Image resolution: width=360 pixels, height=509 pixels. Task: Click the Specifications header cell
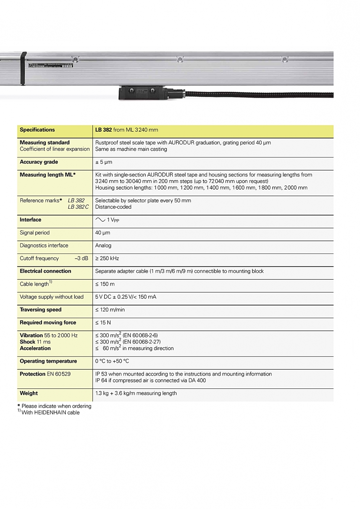coord(37,130)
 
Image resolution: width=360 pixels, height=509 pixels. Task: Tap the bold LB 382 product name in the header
coord(103,130)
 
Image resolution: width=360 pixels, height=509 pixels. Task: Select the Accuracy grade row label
coord(39,162)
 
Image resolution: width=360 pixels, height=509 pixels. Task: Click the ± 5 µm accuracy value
coord(104,162)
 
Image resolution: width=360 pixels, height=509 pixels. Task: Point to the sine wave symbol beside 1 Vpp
coord(100,220)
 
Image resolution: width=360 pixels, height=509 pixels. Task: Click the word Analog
coord(103,246)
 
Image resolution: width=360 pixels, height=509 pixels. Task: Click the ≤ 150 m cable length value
coord(105,284)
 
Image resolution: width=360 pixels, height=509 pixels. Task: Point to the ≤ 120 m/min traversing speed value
coord(110,310)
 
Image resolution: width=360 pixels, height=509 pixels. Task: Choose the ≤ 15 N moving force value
coord(103,323)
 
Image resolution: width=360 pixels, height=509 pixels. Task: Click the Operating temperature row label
coord(48,361)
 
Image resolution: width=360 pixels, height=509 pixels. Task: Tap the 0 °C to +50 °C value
coord(112,361)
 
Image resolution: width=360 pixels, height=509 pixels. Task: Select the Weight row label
coord(29,393)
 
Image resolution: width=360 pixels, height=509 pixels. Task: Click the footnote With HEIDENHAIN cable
coord(50,413)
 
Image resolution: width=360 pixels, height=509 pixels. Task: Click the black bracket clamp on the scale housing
coord(23,68)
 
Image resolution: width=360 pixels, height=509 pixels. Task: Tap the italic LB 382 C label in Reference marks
coord(78,207)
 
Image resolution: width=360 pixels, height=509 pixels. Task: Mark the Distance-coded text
coord(113,207)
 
